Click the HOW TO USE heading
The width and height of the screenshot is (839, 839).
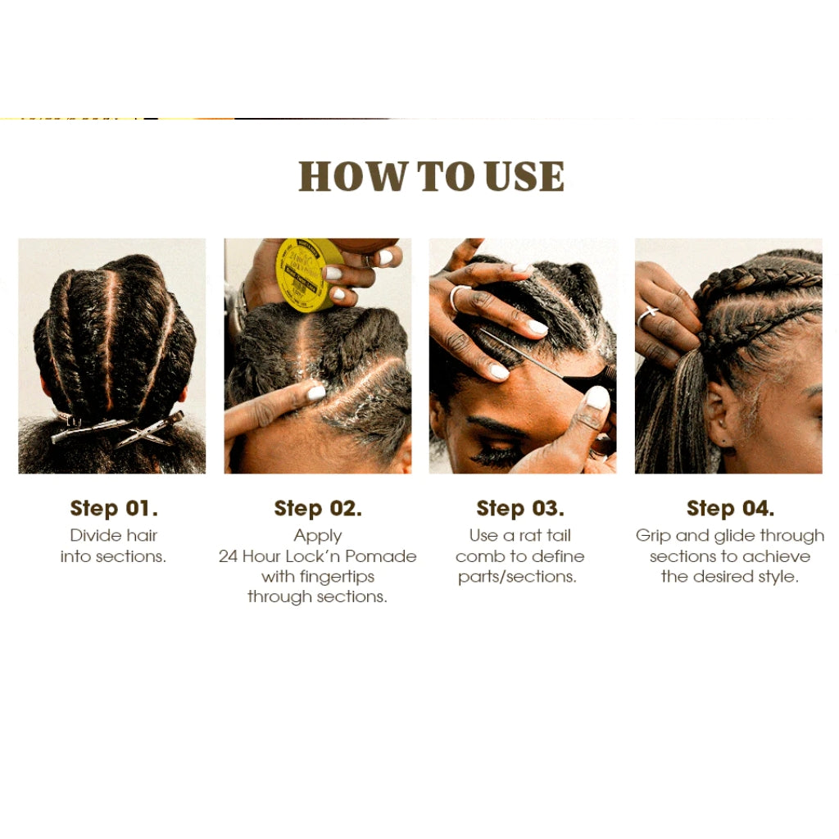point(431,176)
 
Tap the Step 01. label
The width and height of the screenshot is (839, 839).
point(114,508)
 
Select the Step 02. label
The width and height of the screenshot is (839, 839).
point(318,508)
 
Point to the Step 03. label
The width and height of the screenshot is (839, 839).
point(520,508)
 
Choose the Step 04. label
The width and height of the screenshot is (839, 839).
point(730,508)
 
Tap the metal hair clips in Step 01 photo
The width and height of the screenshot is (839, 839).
point(119,429)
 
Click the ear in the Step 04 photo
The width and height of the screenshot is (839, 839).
point(719,417)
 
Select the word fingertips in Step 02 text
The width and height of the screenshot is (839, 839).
point(337,577)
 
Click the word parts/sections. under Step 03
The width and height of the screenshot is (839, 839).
point(518,577)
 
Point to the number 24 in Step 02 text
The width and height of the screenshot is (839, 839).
point(228,556)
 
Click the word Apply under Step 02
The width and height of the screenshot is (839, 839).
point(318,536)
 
